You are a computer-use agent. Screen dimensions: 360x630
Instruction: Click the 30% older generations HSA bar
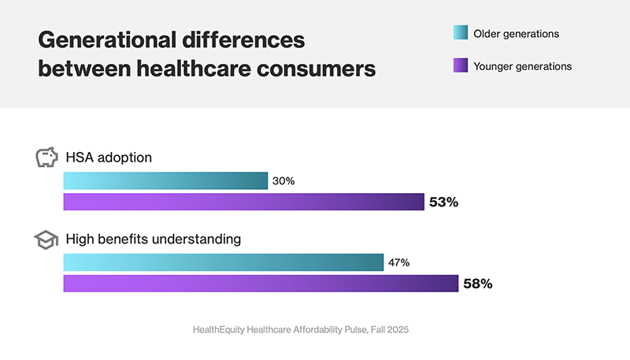[x=165, y=181]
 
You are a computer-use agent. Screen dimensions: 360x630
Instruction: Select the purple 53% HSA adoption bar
[x=243, y=202]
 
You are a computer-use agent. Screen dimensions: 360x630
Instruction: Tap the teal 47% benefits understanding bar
[x=223, y=262]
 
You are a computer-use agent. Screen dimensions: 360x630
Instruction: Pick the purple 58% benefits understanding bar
[x=261, y=284]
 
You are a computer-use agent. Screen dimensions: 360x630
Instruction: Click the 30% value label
[x=283, y=181]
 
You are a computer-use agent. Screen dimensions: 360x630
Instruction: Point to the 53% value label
[x=443, y=202]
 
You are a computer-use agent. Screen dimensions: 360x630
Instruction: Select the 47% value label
[x=398, y=262]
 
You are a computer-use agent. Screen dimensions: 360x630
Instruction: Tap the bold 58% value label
[x=477, y=284]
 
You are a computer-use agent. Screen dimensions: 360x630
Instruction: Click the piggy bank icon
[x=47, y=158]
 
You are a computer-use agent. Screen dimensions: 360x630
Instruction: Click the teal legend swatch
[x=460, y=33]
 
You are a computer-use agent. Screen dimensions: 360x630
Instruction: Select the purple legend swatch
[x=460, y=66]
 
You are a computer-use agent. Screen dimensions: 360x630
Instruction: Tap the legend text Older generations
[x=516, y=33]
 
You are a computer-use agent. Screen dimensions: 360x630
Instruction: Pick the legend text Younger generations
[x=522, y=66]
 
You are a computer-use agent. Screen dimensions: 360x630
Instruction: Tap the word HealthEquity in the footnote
[x=224, y=331]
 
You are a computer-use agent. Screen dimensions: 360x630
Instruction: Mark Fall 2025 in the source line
[x=386, y=331]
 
